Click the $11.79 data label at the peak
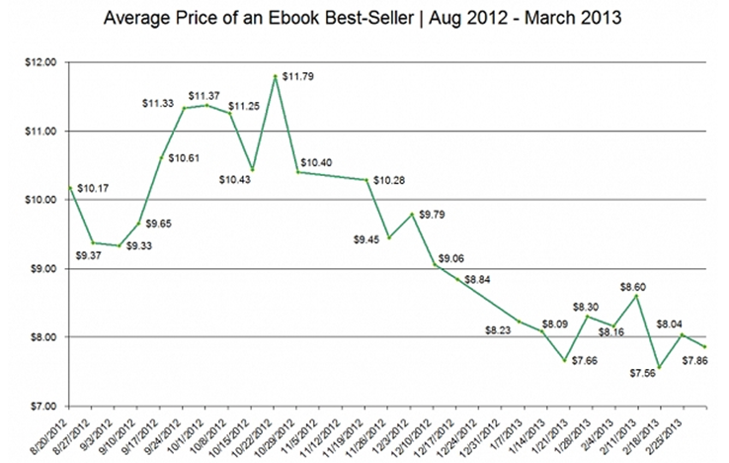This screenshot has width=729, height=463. coord(300,75)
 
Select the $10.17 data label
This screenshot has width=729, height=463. coord(93,187)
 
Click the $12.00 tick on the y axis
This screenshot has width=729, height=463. coord(44,62)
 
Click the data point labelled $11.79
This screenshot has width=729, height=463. coord(275,76)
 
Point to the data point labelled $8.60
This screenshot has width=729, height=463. coord(636,296)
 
